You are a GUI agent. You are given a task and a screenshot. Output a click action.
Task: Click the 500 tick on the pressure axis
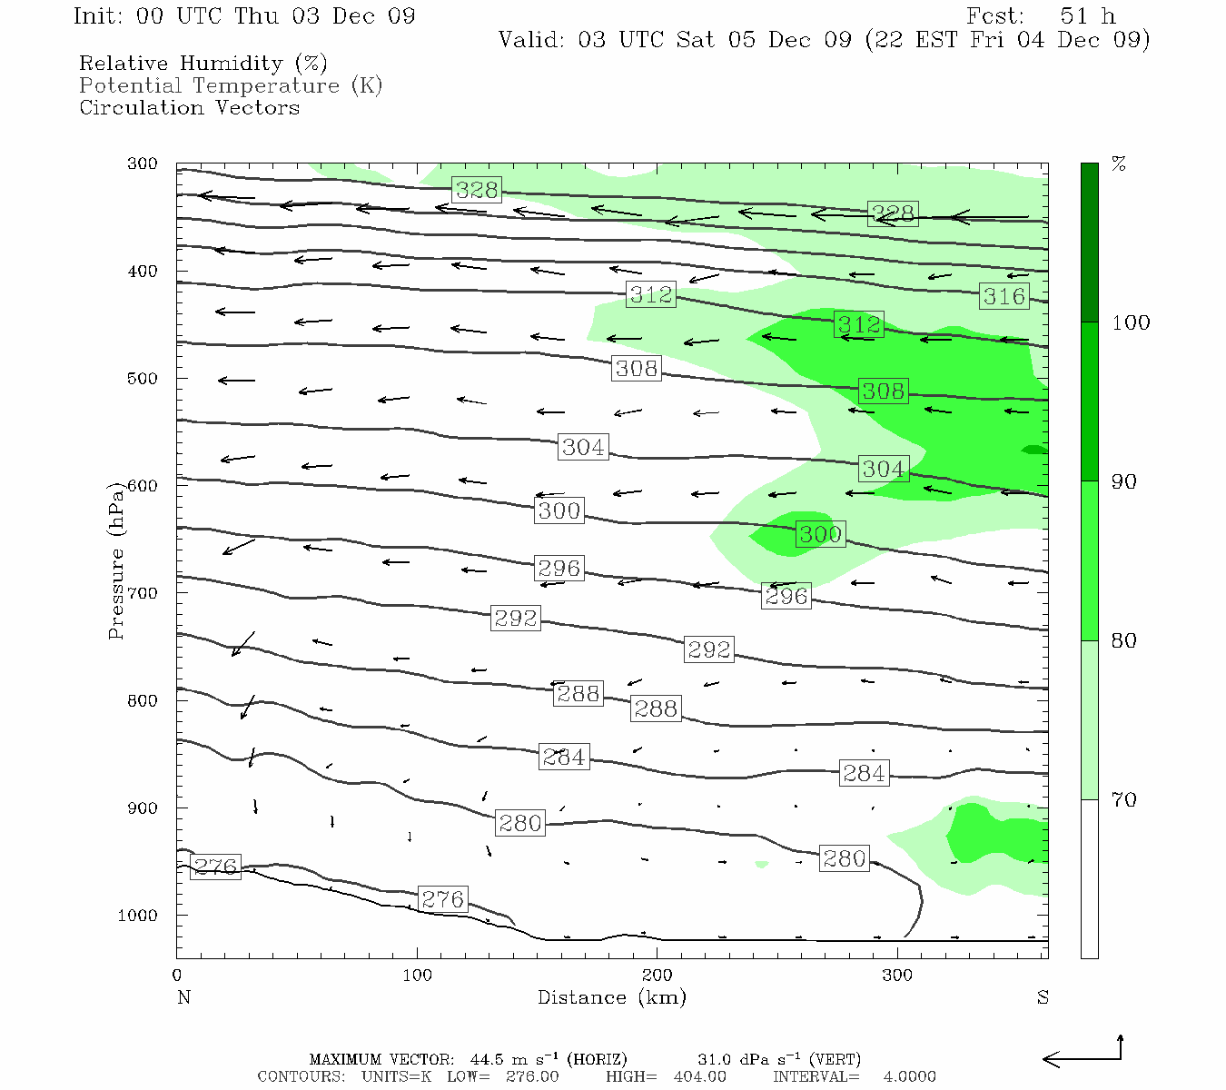tap(143, 379)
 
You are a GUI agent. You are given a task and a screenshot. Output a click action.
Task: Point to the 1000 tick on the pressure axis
tap(138, 916)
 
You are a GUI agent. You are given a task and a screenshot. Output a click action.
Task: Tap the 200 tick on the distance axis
tap(657, 976)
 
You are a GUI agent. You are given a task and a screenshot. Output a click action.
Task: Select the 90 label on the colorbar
tap(1124, 482)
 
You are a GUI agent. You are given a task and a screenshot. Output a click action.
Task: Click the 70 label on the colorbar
tap(1124, 800)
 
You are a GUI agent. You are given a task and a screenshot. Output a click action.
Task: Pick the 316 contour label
tap(1004, 296)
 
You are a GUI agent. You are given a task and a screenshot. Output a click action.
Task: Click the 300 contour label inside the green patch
tap(820, 534)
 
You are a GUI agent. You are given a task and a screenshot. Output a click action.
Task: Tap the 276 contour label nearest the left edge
tap(216, 867)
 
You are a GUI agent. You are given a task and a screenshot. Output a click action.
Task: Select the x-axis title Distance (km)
tap(611, 997)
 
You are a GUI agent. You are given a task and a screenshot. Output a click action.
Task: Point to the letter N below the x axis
tap(184, 997)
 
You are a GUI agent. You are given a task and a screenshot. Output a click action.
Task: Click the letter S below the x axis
tap(1043, 997)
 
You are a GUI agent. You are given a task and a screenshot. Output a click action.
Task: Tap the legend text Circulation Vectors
tap(189, 108)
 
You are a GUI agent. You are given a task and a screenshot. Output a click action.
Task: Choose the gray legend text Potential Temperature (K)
tap(231, 86)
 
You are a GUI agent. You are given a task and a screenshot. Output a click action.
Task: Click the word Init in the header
tap(96, 16)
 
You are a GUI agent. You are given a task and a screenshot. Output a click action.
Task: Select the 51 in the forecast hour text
tap(1074, 16)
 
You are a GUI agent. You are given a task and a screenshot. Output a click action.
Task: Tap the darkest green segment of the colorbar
tap(1089, 243)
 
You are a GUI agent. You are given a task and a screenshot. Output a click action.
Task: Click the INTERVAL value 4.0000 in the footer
tap(909, 1077)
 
